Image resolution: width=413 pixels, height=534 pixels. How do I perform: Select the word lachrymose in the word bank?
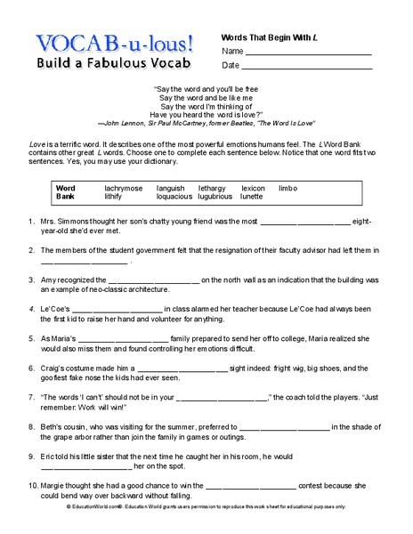click(x=124, y=189)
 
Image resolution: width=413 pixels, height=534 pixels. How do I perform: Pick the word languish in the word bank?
click(x=171, y=189)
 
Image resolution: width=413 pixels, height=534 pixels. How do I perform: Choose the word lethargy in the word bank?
click(x=212, y=189)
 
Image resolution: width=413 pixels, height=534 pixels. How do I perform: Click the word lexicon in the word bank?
click(x=253, y=189)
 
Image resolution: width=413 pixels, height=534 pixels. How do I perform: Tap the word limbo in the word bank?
click(x=287, y=189)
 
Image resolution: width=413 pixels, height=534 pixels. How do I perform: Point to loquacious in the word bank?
click(x=174, y=197)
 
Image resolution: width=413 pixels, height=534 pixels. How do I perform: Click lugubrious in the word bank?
click(x=216, y=197)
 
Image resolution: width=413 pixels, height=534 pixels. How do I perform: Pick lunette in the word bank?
click(x=252, y=197)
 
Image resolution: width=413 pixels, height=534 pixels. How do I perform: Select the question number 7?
click(x=31, y=396)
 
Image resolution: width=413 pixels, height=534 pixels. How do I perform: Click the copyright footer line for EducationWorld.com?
click(x=206, y=528)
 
